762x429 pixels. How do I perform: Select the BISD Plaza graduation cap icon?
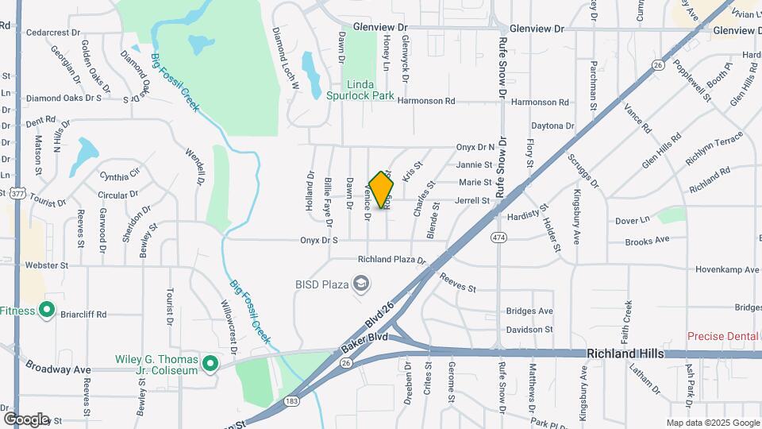[361, 284]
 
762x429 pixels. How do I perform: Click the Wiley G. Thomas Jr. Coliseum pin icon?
[210, 364]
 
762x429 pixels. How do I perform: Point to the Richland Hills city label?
[625, 354]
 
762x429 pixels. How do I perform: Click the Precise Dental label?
[723, 336]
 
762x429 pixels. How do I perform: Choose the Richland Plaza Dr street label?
[392, 259]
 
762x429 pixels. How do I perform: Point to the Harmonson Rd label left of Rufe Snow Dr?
[426, 101]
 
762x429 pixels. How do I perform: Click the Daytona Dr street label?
[552, 126]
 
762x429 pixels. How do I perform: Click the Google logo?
[26, 419]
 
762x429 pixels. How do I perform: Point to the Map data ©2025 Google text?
[713, 423]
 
